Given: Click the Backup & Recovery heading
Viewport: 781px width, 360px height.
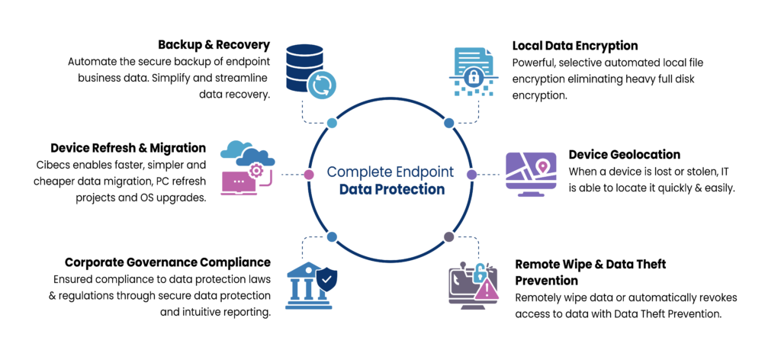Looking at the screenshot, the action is tap(214, 45).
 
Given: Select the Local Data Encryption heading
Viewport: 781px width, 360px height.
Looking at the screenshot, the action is tap(575, 46).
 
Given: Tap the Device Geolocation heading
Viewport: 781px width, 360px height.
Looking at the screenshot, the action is tap(625, 154).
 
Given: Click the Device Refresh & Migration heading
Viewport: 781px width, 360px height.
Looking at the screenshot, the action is tap(128, 148).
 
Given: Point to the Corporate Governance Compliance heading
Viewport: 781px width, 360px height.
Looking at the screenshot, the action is tap(168, 262).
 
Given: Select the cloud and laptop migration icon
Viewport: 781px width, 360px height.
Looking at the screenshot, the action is tap(248, 168).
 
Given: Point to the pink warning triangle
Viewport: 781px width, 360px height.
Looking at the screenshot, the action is tap(487, 290).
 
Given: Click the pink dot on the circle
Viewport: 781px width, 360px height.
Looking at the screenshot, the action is tap(309, 174).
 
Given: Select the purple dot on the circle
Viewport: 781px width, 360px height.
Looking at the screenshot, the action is tap(471, 174).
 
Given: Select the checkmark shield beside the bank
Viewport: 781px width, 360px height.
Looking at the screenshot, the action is tap(326, 281).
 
